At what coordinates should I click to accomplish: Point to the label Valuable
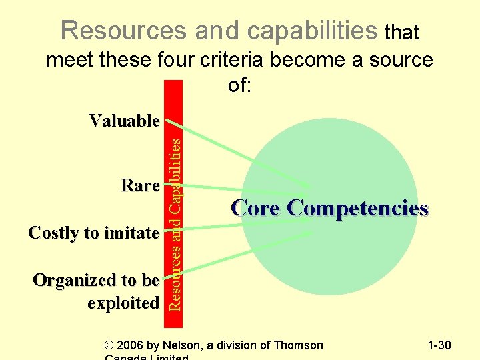pos(125,121)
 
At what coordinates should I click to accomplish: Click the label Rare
pos(140,185)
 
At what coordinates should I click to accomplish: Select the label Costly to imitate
pos(94,233)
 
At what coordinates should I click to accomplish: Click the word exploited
pos(123,302)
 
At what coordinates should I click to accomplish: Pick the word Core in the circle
pos(256,209)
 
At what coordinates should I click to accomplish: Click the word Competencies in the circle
pos(358,209)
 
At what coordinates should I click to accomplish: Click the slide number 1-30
pos(439,345)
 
